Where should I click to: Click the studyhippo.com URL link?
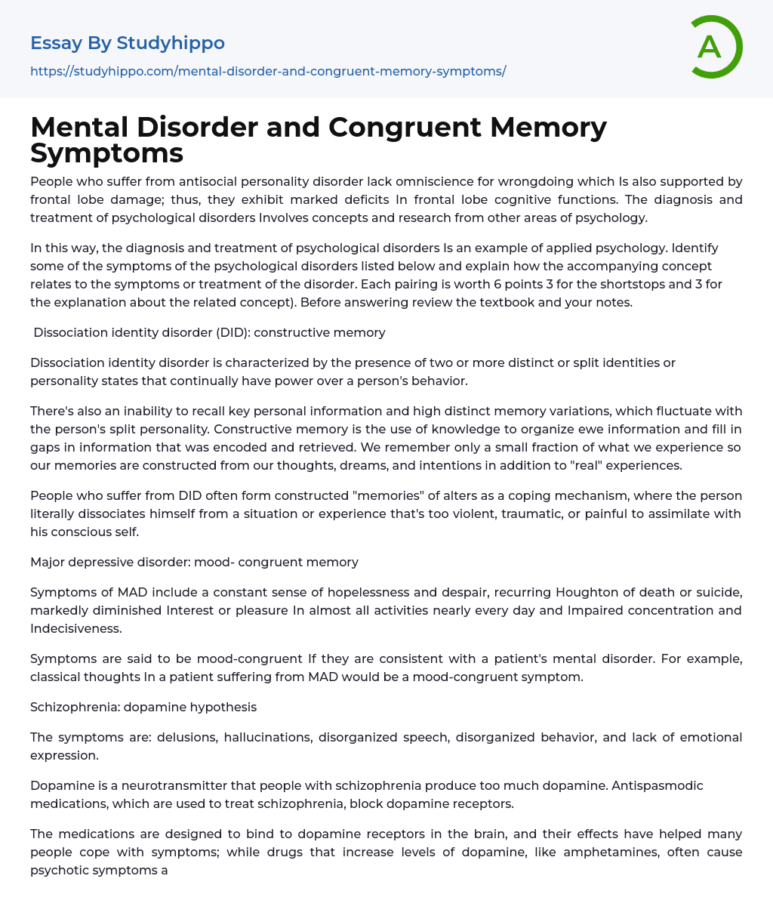(268, 71)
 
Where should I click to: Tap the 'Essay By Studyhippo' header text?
(128, 43)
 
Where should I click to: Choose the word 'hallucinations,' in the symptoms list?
(267, 737)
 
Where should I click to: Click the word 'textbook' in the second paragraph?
(512, 302)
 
